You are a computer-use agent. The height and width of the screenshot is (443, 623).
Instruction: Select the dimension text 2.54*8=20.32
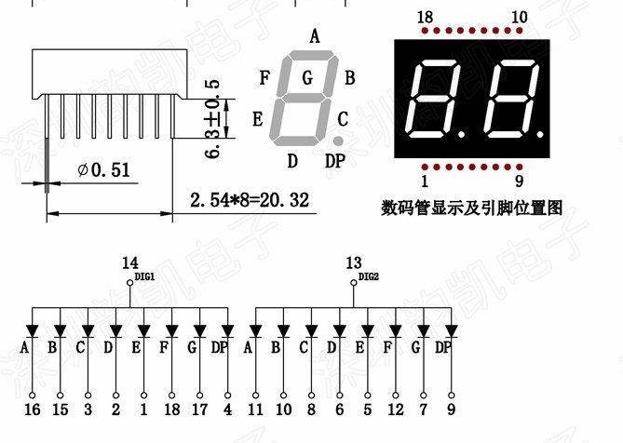pyautogui.click(x=249, y=200)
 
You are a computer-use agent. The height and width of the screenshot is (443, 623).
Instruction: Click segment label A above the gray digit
pyautogui.click(x=315, y=37)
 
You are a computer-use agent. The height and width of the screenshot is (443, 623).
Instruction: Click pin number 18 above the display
pyautogui.click(x=426, y=18)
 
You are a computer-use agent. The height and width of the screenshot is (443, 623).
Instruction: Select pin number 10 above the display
pyautogui.click(x=519, y=18)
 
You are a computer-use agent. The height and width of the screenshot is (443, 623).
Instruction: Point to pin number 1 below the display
pyautogui.click(x=426, y=181)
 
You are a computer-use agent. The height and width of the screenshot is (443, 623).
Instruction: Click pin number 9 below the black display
pyautogui.click(x=519, y=181)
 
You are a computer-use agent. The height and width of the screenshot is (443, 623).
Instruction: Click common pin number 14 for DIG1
pyautogui.click(x=129, y=263)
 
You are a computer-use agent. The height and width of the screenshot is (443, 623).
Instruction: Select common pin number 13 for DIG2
pyautogui.click(x=353, y=263)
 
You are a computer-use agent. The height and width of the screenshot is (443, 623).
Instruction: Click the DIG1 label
pyautogui.click(x=145, y=276)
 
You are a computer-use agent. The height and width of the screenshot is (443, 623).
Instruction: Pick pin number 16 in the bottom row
pyautogui.click(x=33, y=409)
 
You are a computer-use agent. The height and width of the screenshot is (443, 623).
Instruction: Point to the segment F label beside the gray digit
pyautogui.click(x=265, y=77)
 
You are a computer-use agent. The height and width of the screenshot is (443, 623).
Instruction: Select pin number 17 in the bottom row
pyautogui.click(x=199, y=409)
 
